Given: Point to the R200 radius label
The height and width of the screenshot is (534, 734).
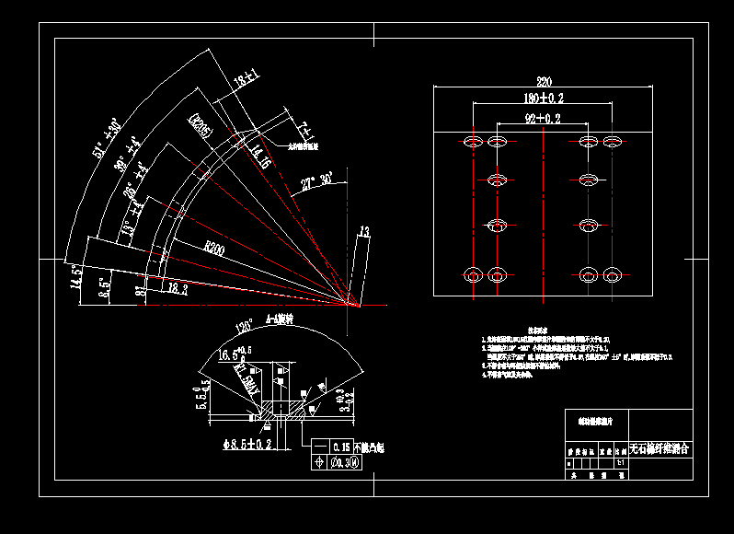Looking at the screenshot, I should (214, 249).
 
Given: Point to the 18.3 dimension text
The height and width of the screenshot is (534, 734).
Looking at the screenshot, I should (178, 288).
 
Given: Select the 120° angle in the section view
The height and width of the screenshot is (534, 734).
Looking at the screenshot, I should (245, 327).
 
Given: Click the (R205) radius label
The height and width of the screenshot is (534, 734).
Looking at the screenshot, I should (201, 125).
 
